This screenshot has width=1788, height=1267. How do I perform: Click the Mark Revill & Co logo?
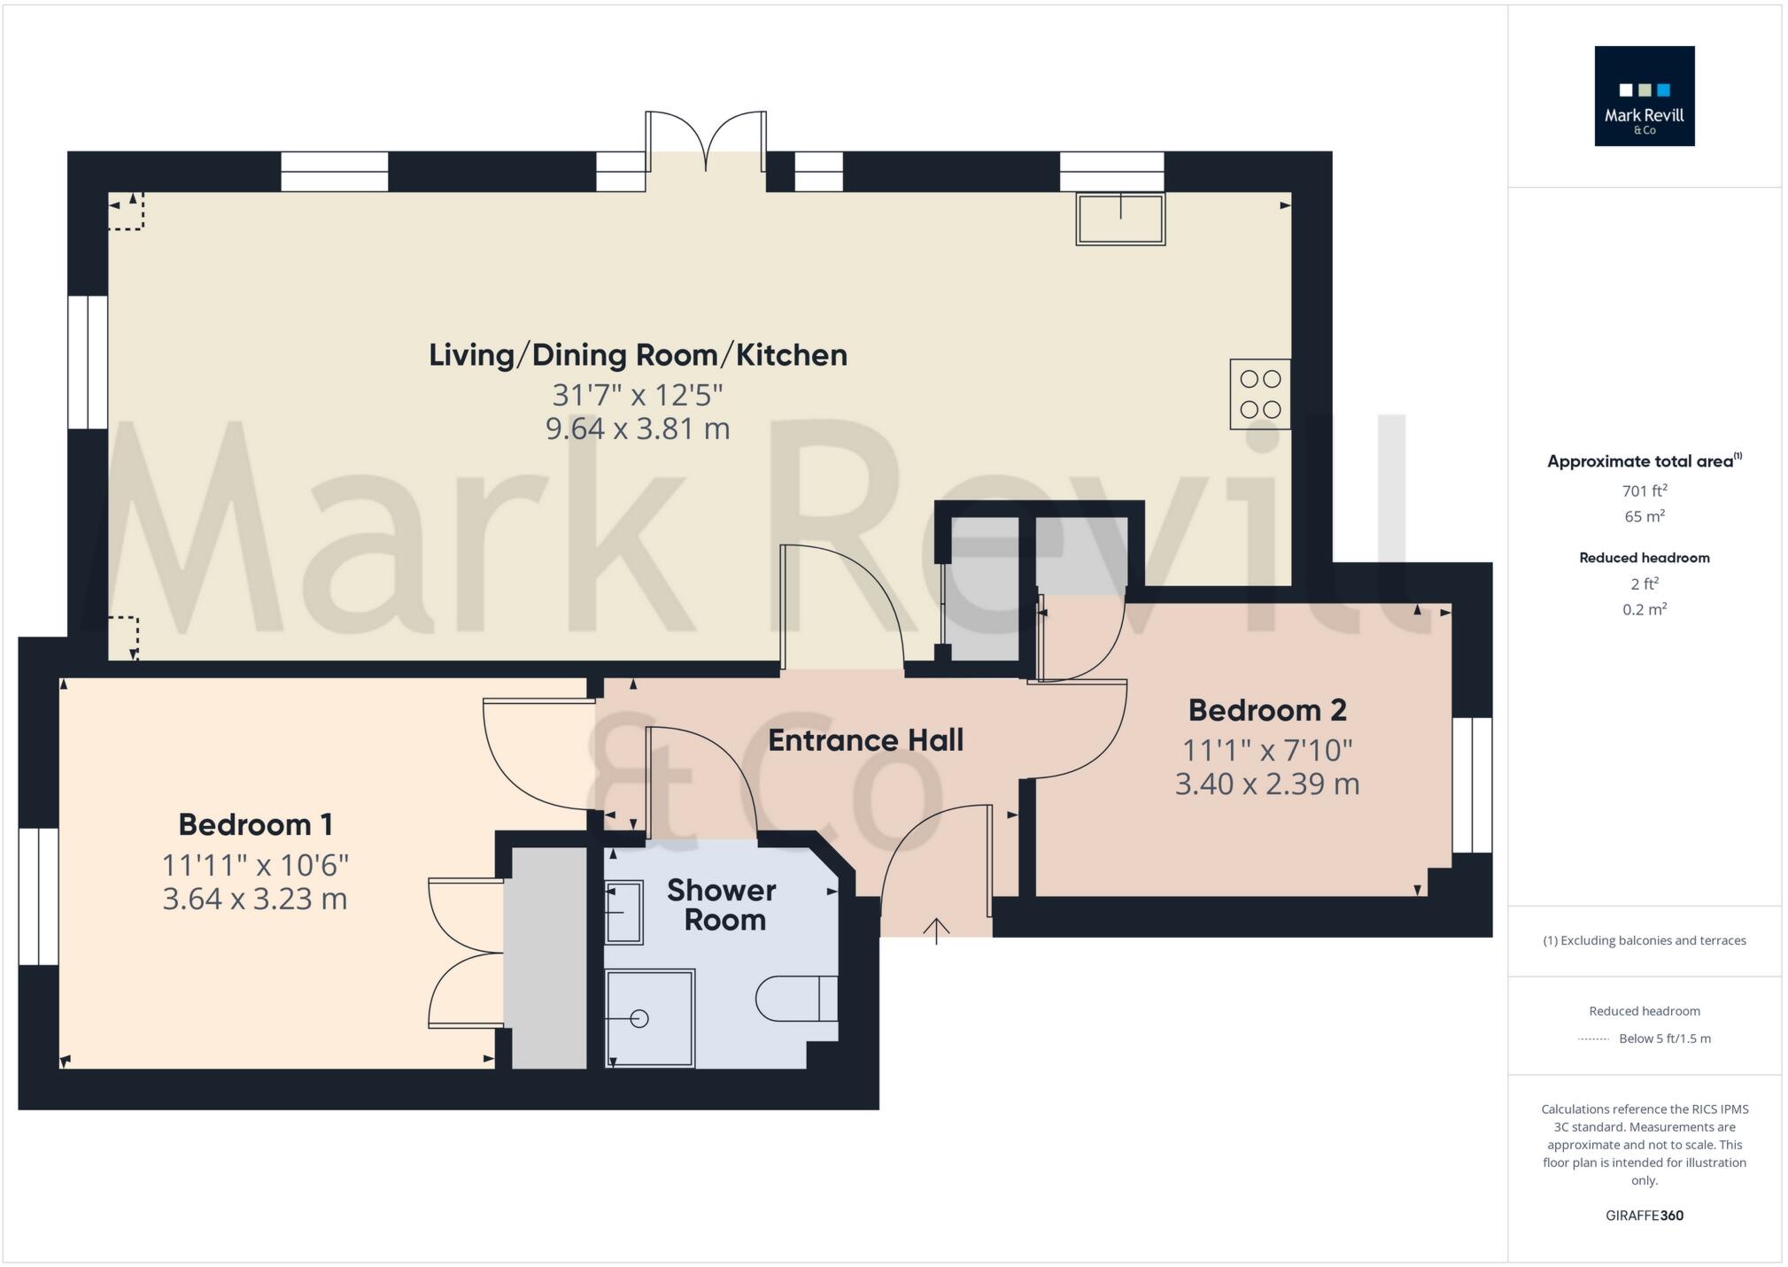tap(1644, 96)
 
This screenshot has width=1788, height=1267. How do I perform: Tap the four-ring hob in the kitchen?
tap(1259, 394)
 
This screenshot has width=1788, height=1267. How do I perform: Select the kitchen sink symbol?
tap(1119, 219)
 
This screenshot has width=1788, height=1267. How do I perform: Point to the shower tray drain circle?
tap(640, 1018)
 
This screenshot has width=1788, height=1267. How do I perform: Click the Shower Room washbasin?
tap(623, 911)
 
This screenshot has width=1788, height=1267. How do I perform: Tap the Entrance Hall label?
tap(865, 740)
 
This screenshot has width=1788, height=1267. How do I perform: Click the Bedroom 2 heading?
tap(1266, 710)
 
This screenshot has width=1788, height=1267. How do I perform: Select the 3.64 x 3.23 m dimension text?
tap(255, 900)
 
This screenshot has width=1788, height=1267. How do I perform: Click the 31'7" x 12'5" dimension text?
tap(638, 394)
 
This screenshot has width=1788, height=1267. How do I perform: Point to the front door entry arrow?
tap(936, 930)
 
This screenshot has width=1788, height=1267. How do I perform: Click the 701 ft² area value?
tap(1644, 491)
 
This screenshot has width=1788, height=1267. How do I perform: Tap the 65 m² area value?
tap(1644, 516)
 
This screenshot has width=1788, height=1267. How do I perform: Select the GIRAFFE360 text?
tap(1644, 1216)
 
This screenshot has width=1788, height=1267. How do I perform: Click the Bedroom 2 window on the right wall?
tap(1472, 784)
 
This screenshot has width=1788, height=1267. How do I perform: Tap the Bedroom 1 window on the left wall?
tap(39, 896)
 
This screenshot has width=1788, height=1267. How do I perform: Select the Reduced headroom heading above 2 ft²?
tap(1644, 558)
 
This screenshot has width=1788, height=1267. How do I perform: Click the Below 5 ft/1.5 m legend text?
tap(1664, 1039)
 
